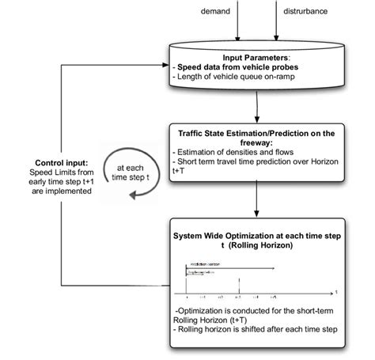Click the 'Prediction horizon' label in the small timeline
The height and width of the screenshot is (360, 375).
[204, 263]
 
